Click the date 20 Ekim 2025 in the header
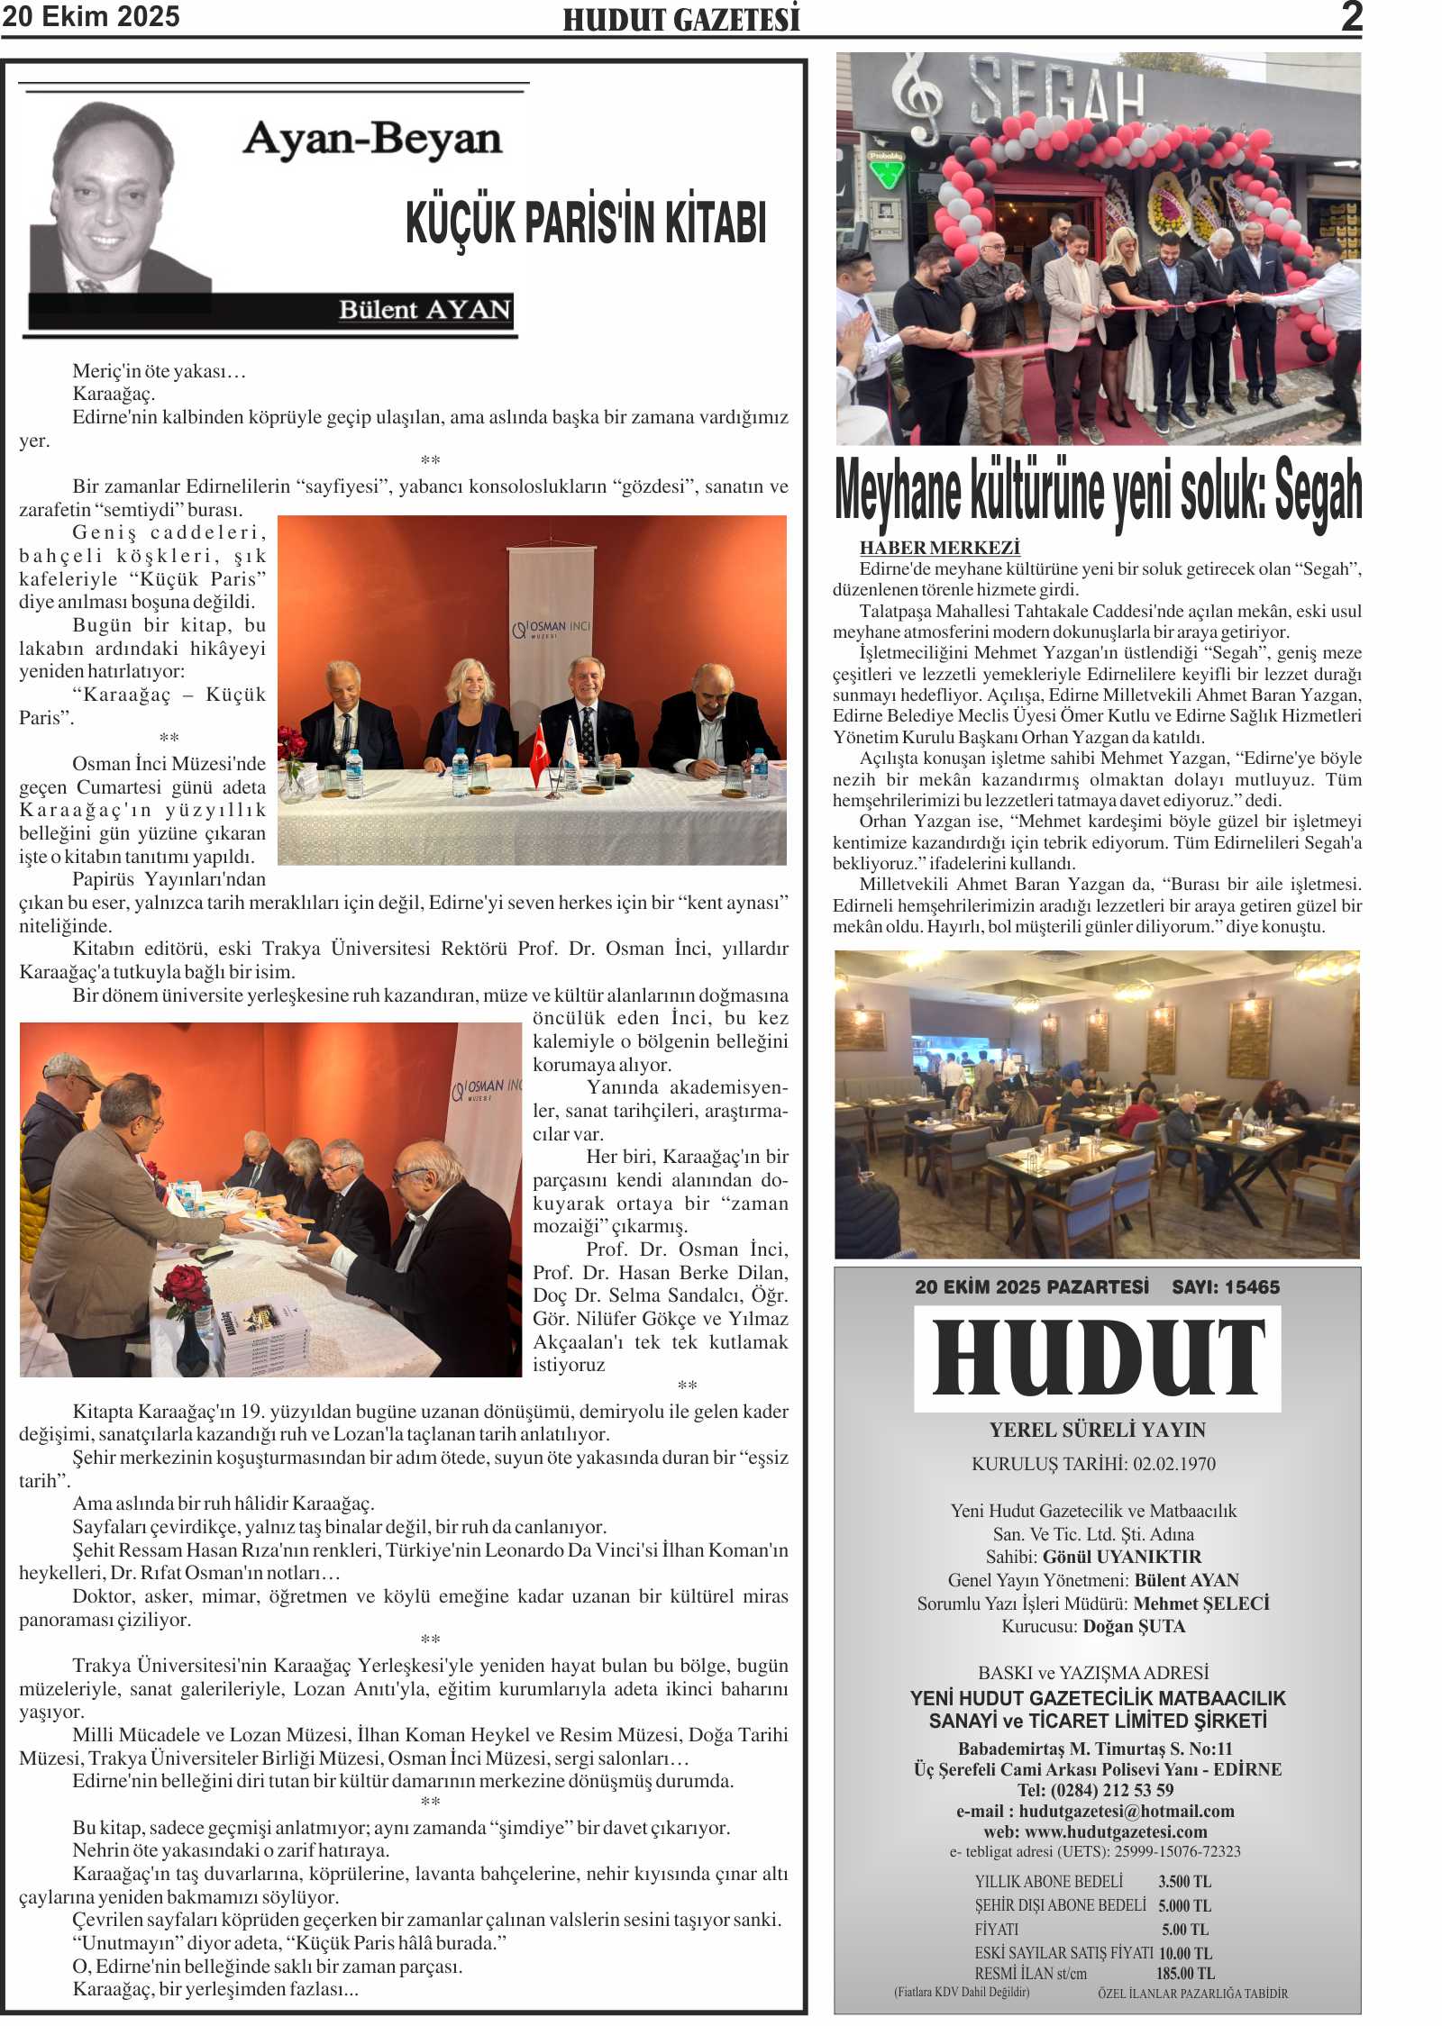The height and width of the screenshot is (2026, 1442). click(91, 16)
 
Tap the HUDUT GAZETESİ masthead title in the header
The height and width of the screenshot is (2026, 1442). click(681, 20)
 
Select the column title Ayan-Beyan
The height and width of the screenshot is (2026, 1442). click(371, 140)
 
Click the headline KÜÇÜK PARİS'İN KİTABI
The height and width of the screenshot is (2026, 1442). click(586, 223)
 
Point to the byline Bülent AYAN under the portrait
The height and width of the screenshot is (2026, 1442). click(424, 310)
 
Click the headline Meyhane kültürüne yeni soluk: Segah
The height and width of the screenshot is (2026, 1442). click(1098, 491)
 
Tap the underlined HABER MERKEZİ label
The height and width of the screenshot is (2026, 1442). click(939, 548)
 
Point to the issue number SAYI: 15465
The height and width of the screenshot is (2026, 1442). click(1225, 1287)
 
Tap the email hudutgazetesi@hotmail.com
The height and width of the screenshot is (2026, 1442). click(1127, 1812)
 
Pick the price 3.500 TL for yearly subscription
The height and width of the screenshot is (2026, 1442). click(1184, 1882)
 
